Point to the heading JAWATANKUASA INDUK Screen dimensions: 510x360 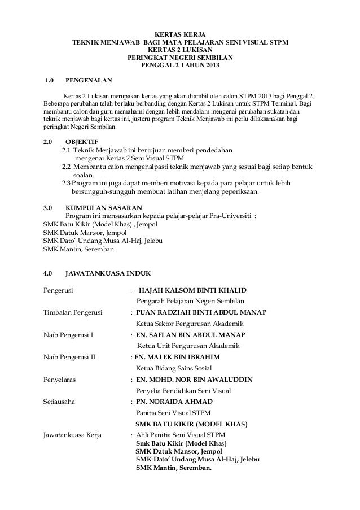[x=107, y=274]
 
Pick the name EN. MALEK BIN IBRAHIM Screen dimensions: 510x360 [x=177, y=357]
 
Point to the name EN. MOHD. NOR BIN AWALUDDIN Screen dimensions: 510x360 [x=195, y=379]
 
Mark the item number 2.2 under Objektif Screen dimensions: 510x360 [x=67, y=167]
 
